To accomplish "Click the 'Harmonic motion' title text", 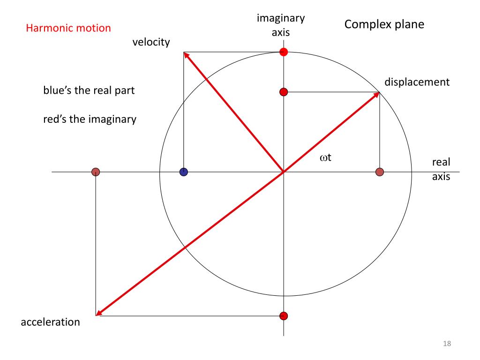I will [x=68, y=28].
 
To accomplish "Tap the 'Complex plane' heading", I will [x=384, y=24].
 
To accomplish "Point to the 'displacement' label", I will [x=417, y=82].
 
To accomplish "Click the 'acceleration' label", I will [x=50, y=322].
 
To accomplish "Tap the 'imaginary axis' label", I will [x=281, y=25].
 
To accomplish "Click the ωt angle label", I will [x=326, y=158].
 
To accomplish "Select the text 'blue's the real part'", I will [x=89, y=90].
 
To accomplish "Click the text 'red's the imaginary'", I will [x=90, y=120].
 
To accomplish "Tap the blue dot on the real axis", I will [x=184, y=172].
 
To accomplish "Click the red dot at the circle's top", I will [x=283, y=52].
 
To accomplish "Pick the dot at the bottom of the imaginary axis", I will [x=283, y=316].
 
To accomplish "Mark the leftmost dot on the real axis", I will [x=96, y=172].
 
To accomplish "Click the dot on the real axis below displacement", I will [x=380, y=172].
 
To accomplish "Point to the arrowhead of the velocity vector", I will [x=186, y=55].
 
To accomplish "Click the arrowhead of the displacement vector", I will [x=376, y=95].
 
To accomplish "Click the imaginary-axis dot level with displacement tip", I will [x=283, y=92].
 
